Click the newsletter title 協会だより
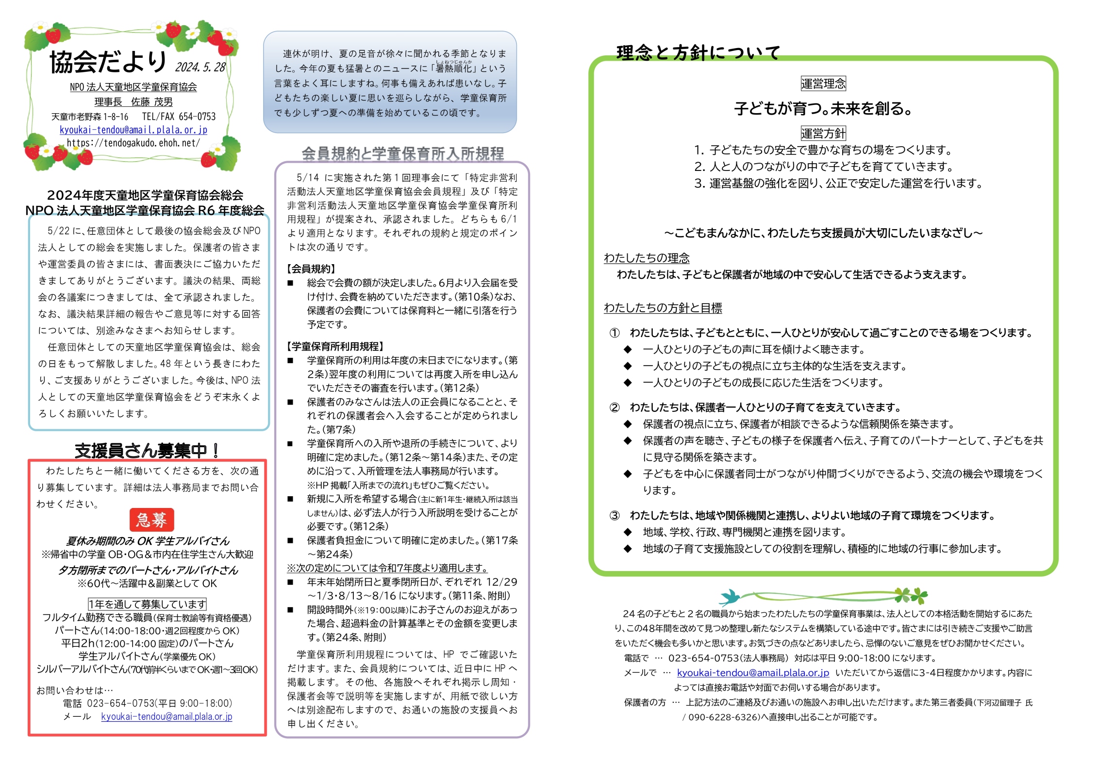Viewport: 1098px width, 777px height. pos(108,62)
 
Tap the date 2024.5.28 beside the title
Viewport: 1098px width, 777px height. pos(200,67)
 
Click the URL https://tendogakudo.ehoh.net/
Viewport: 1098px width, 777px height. pos(133,143)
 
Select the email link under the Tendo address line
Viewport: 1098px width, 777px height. pos(133,130)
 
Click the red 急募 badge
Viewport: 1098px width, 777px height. pos(151,520)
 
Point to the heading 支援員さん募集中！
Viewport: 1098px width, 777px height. pos(147,451)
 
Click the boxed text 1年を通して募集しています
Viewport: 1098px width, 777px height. pos(147,604)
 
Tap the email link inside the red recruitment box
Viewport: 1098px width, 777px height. pos(166,716)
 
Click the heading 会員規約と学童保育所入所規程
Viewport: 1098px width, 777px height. pos(402,153)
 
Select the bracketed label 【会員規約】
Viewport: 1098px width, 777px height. pos(311,269)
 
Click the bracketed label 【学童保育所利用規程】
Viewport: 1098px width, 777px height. pos(335,346)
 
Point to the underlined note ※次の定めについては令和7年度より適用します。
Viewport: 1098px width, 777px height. pos(387,568)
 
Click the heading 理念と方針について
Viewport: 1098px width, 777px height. pos(698,52)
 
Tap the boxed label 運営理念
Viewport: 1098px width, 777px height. pos(823,84)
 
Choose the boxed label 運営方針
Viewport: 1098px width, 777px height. pos(823,133)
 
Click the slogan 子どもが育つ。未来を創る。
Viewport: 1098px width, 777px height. pos(823,108)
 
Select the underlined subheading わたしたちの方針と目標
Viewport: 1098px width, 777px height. pos(663,307)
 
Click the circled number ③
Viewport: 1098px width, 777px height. pos(615,515)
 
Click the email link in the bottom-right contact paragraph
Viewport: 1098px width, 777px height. pos(753,673)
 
